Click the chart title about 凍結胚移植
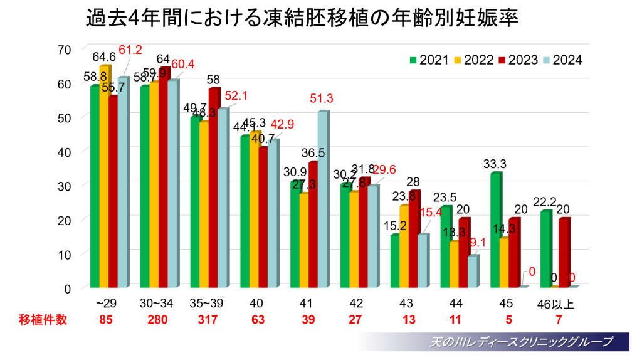pos(303,18)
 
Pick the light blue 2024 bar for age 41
pos(322,199)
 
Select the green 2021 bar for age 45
pos(495,230)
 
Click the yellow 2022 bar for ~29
pos(104,177)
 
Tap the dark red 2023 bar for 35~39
pos(214,188)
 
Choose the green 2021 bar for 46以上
pos(545,249)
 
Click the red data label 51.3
pos(322,98)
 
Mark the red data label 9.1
pos(474,242)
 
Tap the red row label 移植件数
pos(42,319)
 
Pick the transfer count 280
pos(157,319)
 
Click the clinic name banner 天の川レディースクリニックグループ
pos(520,342)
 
